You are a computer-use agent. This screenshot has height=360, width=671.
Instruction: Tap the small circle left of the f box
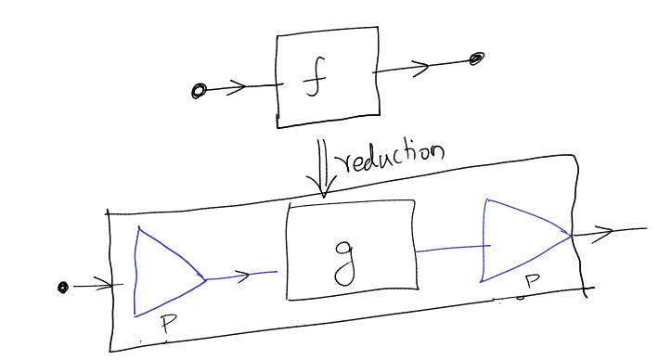click(x=198, y=91)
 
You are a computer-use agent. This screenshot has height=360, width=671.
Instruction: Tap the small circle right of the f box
click(x=476, y=59)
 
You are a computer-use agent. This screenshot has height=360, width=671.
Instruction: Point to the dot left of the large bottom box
click(x=62, y=288)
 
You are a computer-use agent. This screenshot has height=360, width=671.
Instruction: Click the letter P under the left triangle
click(x=166, y=324)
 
